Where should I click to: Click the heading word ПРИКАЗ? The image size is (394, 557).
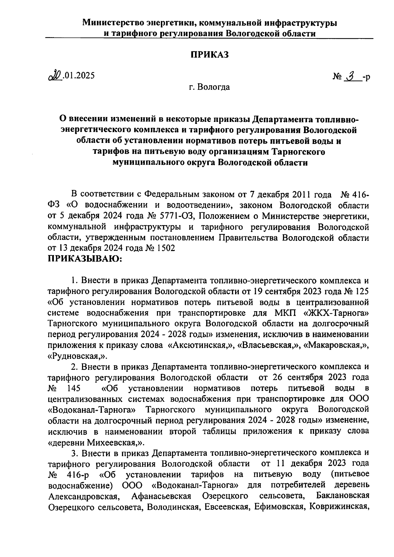click(x=210, y=55)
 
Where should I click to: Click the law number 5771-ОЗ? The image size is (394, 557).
click(x=177, y=216)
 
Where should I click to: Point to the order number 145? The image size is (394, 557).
click(x=73, y=388)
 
